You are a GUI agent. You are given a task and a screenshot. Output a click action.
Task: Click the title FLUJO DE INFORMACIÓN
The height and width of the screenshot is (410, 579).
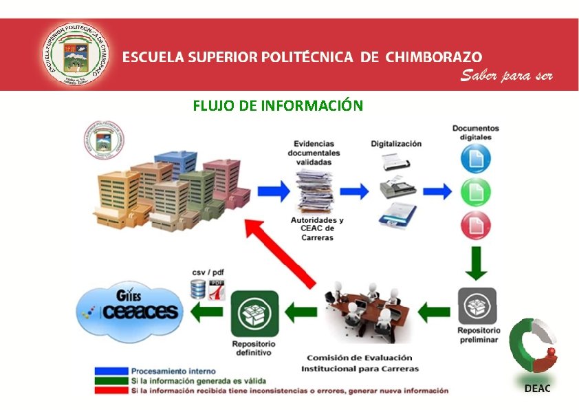point(277,105)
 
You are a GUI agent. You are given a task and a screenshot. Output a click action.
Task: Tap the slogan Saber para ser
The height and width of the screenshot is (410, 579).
point(506,75)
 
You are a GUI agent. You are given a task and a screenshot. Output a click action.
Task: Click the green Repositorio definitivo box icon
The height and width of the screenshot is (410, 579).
point(254,314)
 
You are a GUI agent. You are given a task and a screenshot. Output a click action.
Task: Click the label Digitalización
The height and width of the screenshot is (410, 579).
point(396,144)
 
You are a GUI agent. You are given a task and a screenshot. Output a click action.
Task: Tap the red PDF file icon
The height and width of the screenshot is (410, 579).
point(217,290)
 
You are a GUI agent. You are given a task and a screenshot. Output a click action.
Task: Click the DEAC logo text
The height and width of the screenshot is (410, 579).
point(537,389)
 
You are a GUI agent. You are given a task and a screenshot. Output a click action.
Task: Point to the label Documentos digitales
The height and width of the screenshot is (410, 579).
point(475,132)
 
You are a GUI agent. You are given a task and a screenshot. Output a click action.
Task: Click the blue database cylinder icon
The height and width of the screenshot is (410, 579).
point(198,290)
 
